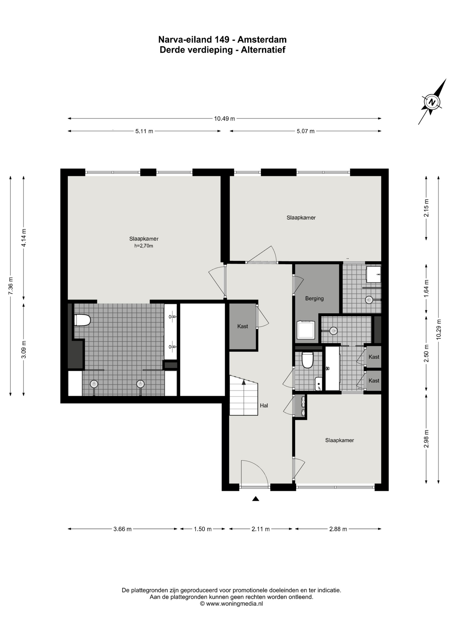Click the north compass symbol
(432, 102)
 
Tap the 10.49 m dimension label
(224, 118)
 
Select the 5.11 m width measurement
(144, 131)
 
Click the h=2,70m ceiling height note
(144, 246)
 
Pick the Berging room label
(314, 298)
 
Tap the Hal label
(264, 406)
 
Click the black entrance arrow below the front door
(256, 499)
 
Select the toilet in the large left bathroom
(82, 320)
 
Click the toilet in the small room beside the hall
(307, 360)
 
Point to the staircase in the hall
(244, 395)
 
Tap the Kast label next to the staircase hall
(243, 326)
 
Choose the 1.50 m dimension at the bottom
(203, 529)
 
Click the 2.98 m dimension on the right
(426, 439)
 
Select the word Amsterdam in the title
(262, 40)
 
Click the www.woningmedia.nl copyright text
(232, 604)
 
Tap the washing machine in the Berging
(306, 330)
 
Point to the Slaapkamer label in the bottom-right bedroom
(340, 440)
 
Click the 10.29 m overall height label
(439, 329)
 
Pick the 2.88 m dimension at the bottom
(338, 529)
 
